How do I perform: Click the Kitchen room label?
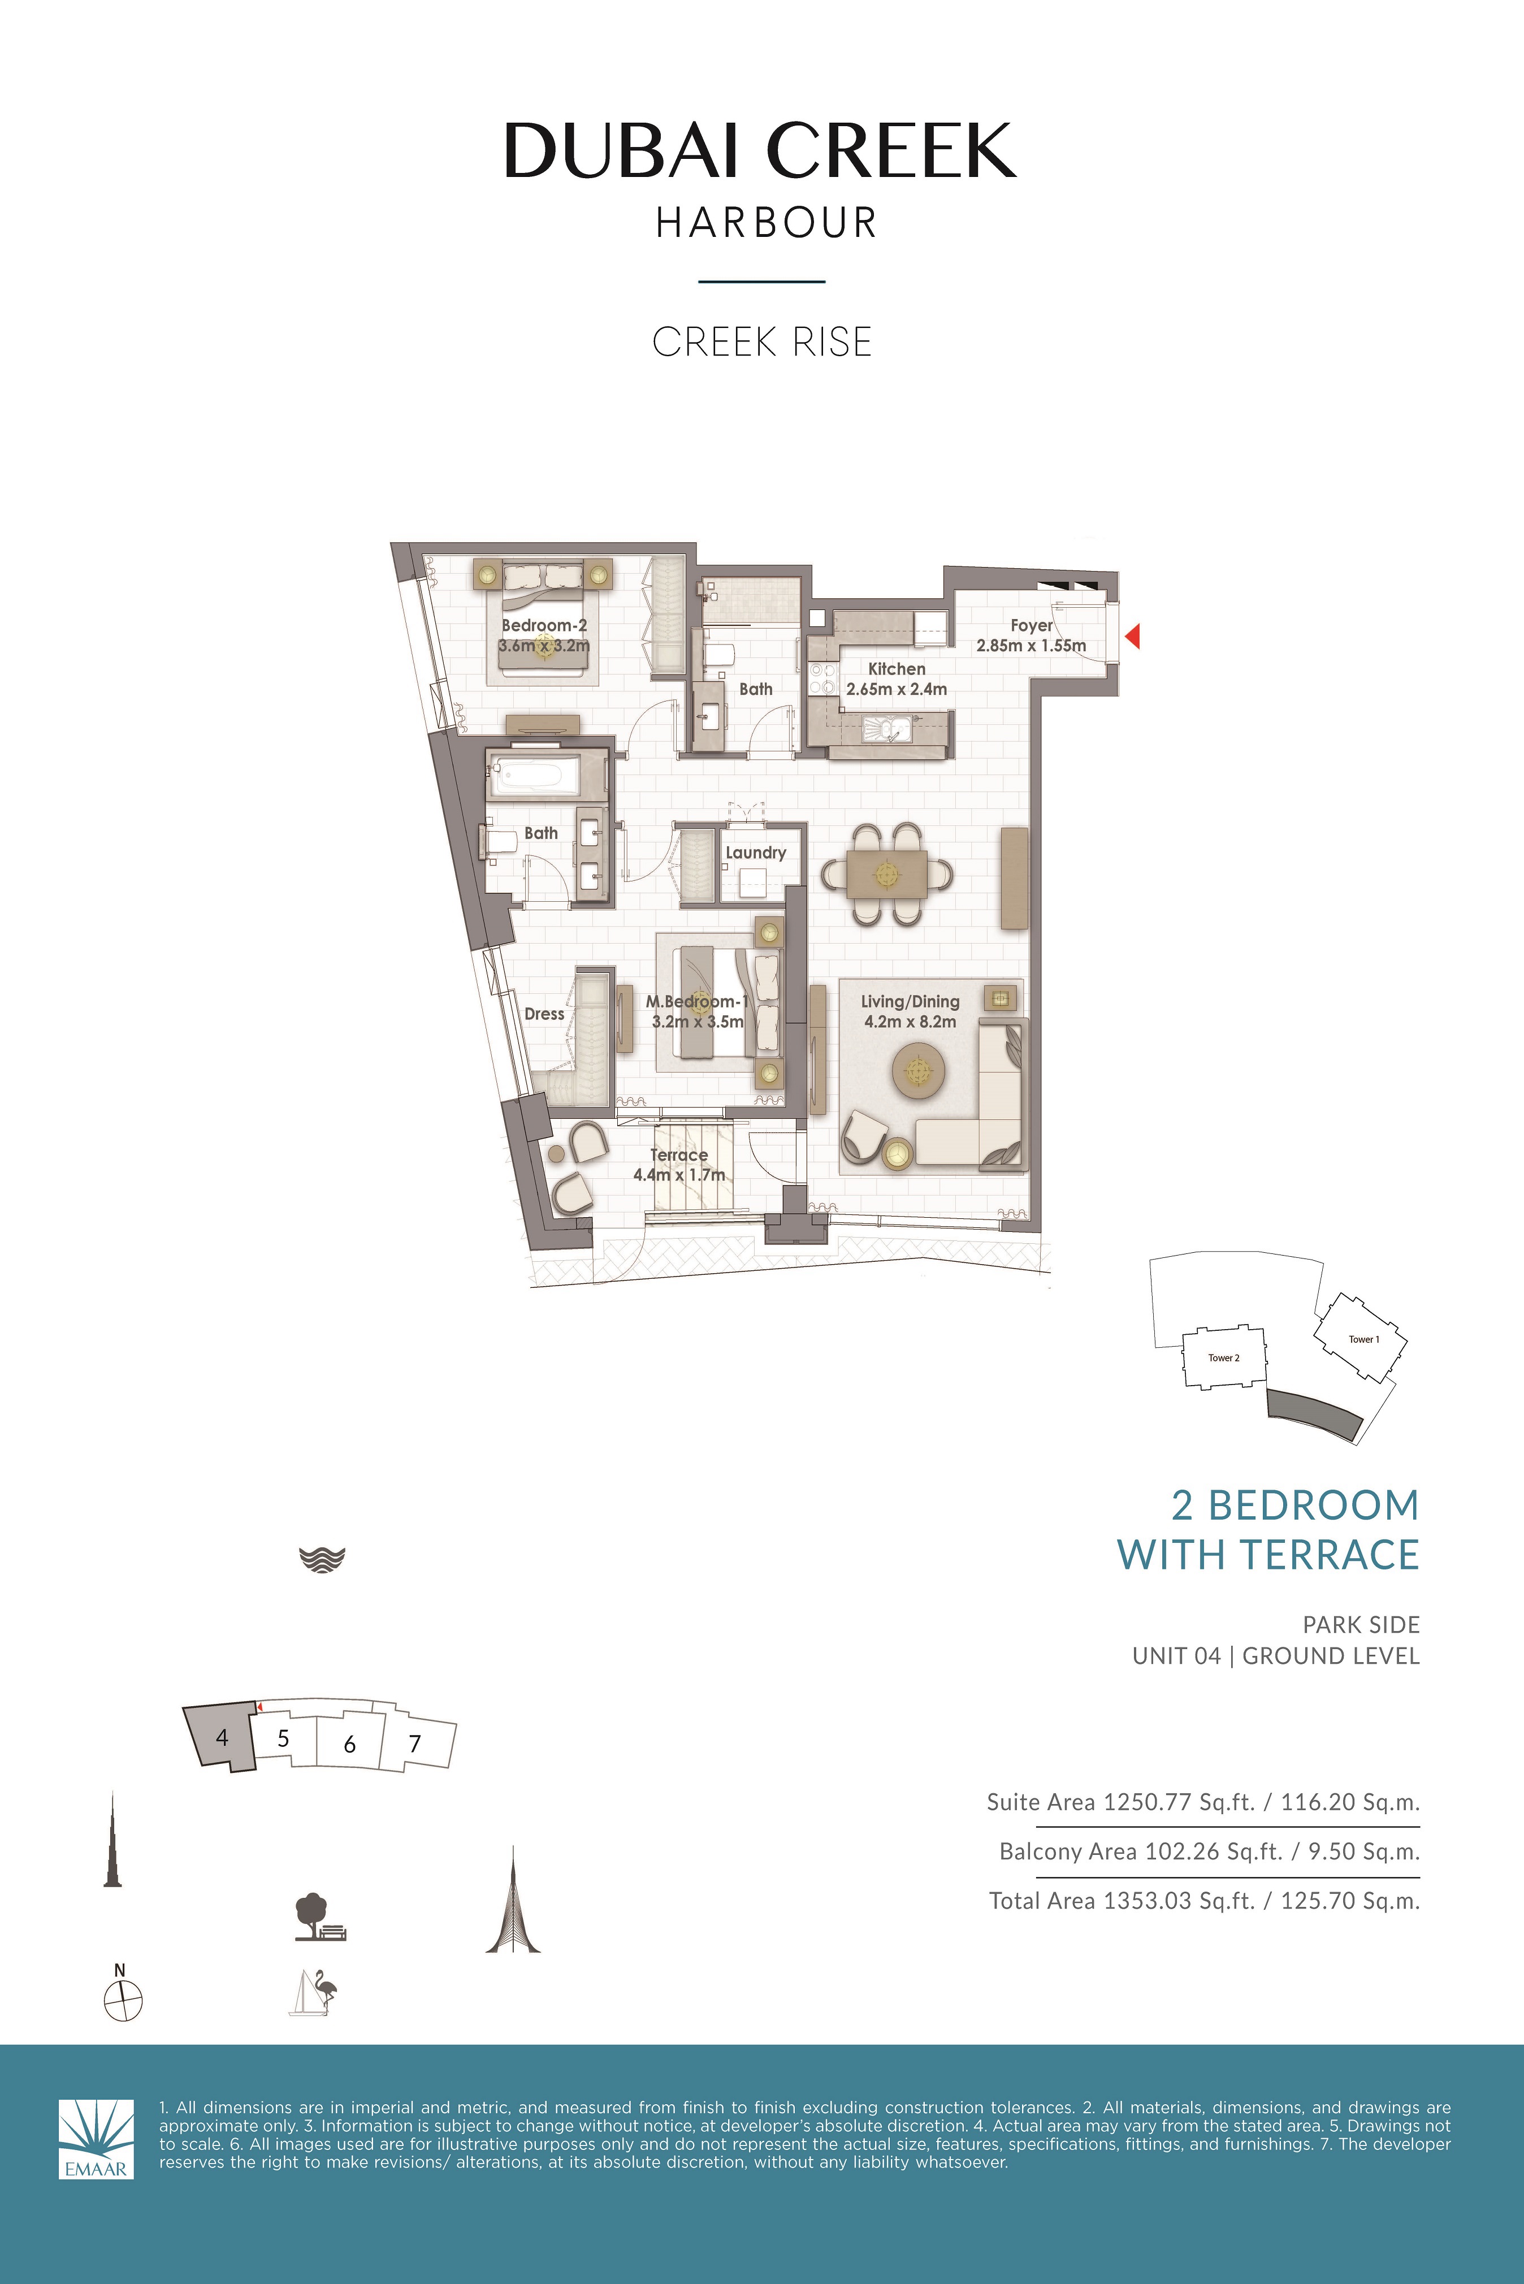[896, 669]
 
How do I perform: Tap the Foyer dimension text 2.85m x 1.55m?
[1031, 646]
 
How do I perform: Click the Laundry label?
[755, 853]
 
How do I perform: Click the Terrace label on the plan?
[678, 1154]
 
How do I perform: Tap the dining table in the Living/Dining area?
[885, 874]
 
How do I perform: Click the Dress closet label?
[544, 1014]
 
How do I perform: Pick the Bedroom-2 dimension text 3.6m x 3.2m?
[544, 646]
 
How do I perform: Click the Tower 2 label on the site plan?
[1224, 1358]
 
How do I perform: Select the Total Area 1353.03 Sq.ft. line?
[1203, 1900]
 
